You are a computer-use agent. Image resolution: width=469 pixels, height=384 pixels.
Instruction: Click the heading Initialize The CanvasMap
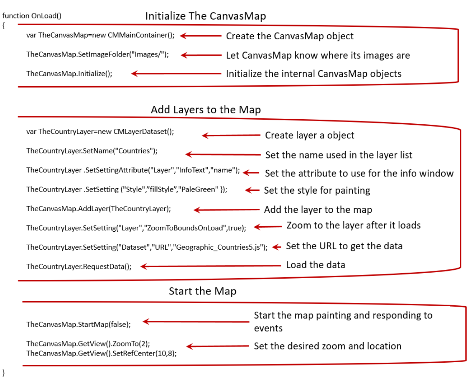tap(205, 16)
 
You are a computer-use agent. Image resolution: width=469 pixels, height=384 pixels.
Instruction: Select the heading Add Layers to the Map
tap(206, 110)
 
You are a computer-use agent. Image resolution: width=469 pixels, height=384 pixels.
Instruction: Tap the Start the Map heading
tap(202, 291)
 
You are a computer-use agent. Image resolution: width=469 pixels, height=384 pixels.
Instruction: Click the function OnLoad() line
tap(32, 16)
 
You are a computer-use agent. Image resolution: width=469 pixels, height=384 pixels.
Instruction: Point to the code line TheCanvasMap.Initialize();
tap(69, 74)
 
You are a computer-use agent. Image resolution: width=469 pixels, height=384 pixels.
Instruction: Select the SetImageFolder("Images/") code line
tap(97, 54)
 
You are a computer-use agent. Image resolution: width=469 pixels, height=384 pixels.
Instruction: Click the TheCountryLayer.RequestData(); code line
tap(79, 266)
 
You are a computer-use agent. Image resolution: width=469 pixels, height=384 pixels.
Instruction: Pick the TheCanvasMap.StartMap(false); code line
tap(79, 324)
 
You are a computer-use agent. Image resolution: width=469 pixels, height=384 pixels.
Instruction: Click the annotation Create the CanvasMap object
tap(290, 36)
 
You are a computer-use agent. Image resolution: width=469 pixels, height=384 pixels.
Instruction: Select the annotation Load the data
tap(315, 265)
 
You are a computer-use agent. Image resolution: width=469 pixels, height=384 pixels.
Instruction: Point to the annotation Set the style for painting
tap(317, 190)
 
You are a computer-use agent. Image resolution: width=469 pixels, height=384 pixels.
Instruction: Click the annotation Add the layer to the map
tap(318, 210)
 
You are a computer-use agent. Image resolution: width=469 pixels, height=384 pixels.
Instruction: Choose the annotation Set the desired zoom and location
tap(327, 346)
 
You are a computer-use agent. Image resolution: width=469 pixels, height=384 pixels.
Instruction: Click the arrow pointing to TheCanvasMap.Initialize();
tap(176, 74)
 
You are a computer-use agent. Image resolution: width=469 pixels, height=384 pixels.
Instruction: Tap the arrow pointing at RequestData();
tap(211, 266)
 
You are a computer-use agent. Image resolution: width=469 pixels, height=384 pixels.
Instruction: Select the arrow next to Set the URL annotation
tap(276, 247)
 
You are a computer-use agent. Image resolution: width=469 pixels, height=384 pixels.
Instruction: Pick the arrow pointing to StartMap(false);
tap(196, 322)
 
